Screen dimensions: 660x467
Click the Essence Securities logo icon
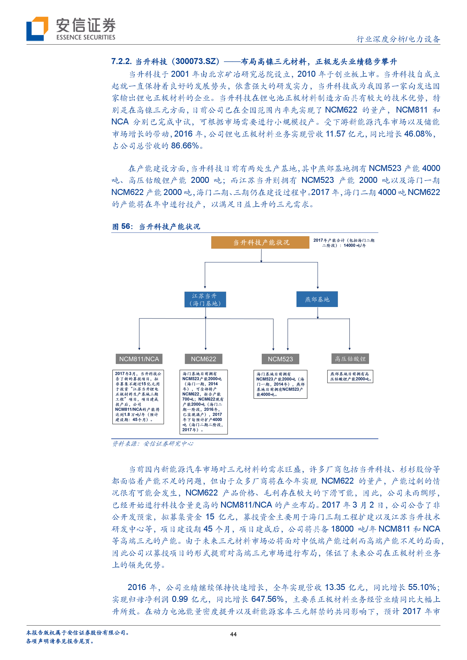[37, 29]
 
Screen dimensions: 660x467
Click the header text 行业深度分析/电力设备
[398, 39]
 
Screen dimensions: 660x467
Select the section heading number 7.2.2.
[121, 62]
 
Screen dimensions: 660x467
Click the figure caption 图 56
[122, 227]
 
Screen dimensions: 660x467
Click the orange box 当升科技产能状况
[260, 242]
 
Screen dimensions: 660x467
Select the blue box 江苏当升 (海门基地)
[205, 300]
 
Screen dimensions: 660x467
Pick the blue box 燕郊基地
[317, 299]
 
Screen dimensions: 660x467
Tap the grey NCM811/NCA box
[139, 359]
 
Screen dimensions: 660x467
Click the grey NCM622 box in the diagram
[203, 359]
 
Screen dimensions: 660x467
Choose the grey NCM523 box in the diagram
[280, 359]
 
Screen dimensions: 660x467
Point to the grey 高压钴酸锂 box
[350, 359]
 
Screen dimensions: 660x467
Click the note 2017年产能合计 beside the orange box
[344, 243]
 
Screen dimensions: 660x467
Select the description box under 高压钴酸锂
[350, 376]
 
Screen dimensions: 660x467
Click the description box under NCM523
[280, 384]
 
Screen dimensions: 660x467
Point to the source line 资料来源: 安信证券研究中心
[152, 444]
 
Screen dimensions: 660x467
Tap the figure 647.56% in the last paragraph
[267, 599]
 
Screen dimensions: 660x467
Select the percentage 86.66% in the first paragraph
[185, 146]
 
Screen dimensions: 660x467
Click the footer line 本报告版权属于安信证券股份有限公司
[78, 633]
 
